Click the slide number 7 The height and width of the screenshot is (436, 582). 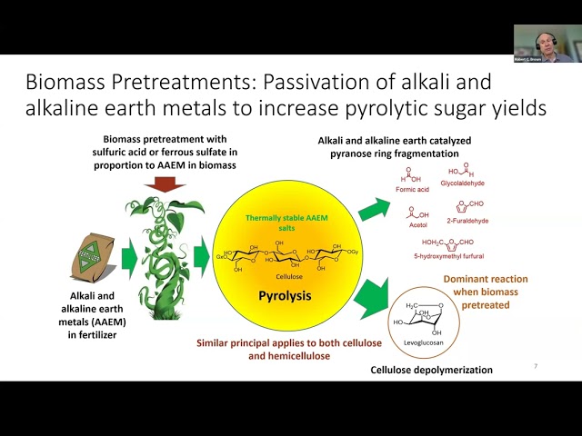535,366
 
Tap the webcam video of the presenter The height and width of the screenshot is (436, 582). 543,43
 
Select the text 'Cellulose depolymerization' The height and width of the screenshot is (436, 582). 431,370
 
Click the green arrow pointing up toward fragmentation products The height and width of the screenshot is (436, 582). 371,206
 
